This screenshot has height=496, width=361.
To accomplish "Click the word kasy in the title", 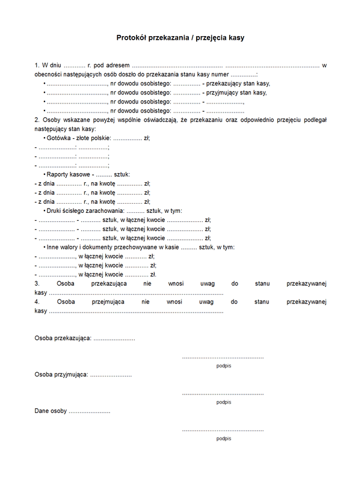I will tap(236, 38).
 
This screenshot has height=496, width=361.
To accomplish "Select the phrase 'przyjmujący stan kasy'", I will tap(237, 93).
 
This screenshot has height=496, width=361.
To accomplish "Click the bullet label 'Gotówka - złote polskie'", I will tap(78, 138).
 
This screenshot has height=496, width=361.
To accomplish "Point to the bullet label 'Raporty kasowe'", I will tap(69, 174).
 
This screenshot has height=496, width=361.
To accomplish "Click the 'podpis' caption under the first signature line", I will tap(224, 366).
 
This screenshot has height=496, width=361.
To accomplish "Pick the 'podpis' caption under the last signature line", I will tap(224, 438).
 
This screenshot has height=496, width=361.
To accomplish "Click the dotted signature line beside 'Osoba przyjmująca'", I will tap(223, 394).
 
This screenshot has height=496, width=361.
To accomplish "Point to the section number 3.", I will tap(37, 283).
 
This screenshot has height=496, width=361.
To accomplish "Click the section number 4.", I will tap(37, 302).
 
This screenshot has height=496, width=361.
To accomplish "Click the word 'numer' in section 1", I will tap(217, 74).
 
